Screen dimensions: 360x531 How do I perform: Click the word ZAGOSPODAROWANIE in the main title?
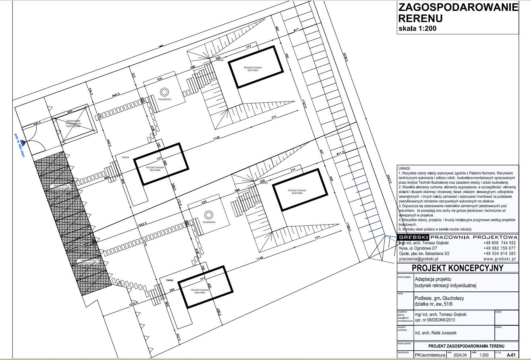click(x=458, y=8)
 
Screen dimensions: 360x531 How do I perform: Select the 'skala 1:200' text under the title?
click(x=417, y=28)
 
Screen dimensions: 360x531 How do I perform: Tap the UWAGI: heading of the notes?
click(x=404, y=168)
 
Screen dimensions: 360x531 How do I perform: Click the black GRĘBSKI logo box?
click(x=413, y=237)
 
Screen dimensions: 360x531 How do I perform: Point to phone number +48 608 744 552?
click(x=499, y=243)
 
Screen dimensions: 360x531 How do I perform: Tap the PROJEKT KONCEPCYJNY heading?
click(x=457, y=268)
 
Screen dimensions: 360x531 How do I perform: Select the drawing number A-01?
click(x=511, y=355)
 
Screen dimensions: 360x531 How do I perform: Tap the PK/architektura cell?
click(x=430, y=355)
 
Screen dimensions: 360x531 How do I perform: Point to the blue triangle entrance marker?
click(x=23, y=143)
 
